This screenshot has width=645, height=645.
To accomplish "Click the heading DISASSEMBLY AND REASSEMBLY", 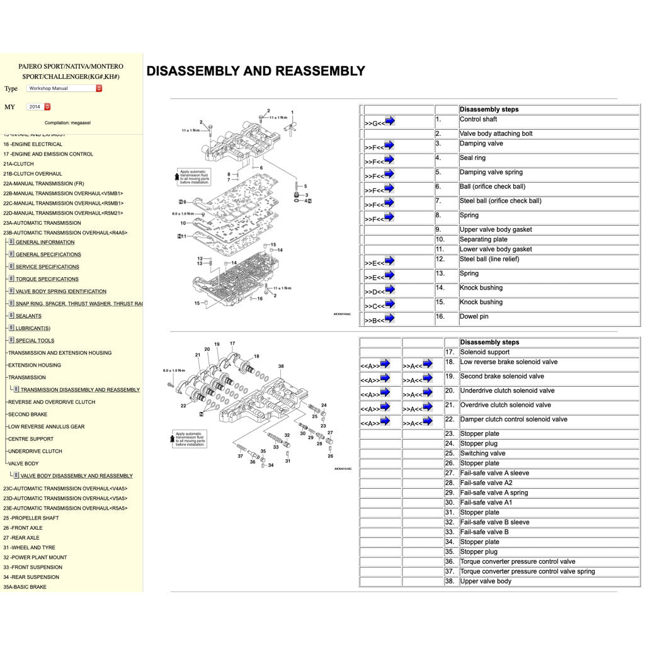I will [256, 71].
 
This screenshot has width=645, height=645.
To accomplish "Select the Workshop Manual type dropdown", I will [64, 88].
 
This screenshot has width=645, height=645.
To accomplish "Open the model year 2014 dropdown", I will [38, 106].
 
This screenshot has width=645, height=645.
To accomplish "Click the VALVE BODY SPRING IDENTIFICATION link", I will [60, 292].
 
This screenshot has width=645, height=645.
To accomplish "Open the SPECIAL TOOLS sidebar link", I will [35, 341].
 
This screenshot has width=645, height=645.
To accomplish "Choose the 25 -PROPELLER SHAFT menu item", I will [31, 518].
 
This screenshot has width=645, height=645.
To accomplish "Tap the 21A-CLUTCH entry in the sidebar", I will [18, 164].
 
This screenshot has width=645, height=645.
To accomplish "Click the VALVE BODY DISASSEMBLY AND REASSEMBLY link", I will [76, 476].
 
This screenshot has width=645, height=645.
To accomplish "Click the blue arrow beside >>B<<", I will [389, 319].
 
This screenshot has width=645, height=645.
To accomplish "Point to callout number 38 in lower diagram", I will [281, 366].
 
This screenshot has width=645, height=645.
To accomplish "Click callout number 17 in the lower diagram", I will [232, 344].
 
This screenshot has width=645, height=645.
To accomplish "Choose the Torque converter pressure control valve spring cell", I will [527, 571].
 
